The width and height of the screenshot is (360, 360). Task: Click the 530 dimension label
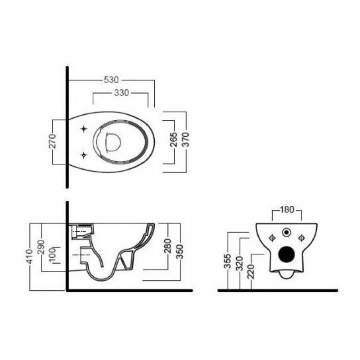click(x=111, y=80)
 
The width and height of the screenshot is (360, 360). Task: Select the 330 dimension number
click(x=121, y=93)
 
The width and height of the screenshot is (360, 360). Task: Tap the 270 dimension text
click(x=53, y=141)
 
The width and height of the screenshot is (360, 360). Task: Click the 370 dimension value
click(x=185, y=139)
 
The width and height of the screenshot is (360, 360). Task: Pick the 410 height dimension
click(x=30, y=256)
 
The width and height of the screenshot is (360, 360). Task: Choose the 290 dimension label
click(x=41, y=247)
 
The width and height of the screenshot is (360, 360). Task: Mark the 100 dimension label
click(x=53, y=254)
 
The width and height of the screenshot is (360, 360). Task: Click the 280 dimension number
click(x=168, y=246)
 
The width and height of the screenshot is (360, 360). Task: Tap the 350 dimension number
click(x=180, y=252)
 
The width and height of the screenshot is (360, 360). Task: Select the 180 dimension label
click(x=287, y=209)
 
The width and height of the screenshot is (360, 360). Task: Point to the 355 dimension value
click(x=227, y=261)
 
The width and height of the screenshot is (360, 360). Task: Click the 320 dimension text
click(x=239, y=264)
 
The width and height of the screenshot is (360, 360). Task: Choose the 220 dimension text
click(x=251, y=271)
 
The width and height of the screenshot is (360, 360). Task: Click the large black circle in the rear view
click(x=287, y=254)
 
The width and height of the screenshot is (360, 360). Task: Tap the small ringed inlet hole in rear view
click(x=287, y=232)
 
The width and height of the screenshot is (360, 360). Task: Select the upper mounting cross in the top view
click(x=84, y=129)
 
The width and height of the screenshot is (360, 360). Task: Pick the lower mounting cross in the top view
click(x=84, y=155)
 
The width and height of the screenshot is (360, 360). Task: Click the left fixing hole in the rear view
click(x=272, y=238)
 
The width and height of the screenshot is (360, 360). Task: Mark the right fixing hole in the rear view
click(x=301, y=238)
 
